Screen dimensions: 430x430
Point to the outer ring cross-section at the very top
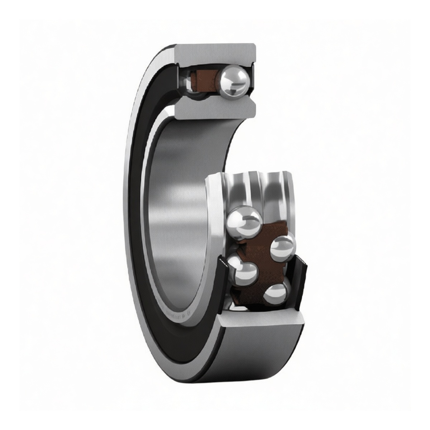tap(215, 54)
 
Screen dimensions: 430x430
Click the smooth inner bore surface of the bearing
tap(179, 201)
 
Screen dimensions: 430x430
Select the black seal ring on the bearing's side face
tap(140, 215)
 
